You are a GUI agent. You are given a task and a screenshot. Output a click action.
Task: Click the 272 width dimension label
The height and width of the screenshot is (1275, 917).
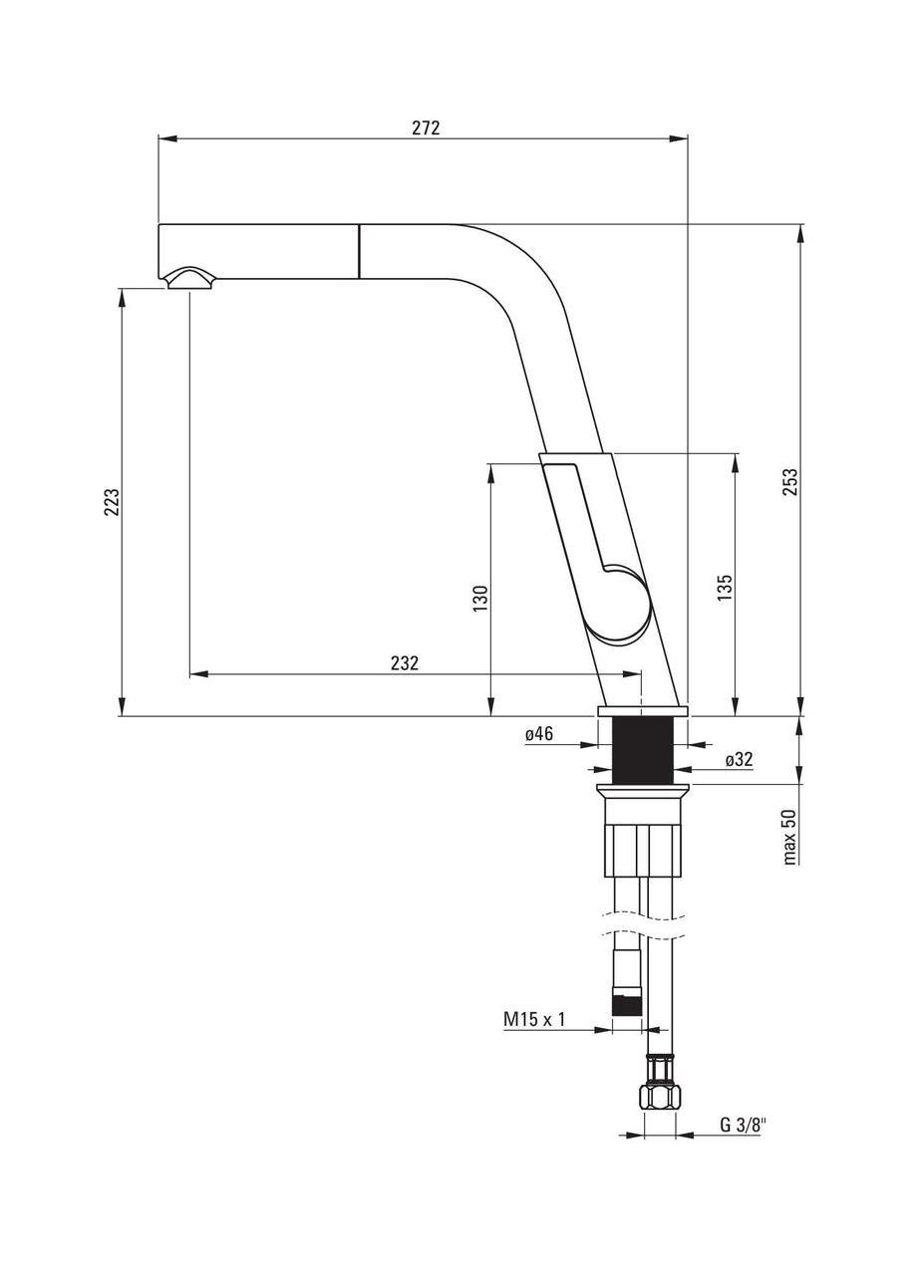[x=426, y=127]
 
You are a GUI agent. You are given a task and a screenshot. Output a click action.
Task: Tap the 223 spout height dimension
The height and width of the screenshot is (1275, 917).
[x=113, y=501]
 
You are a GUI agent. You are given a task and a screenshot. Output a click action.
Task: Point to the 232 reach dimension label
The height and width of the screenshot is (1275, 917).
[x=404, y=662]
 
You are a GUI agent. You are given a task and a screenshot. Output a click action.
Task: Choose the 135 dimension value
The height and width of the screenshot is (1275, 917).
[x=725, y=586]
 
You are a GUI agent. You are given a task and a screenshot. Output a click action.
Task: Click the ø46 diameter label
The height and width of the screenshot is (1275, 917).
[x=539, y=734]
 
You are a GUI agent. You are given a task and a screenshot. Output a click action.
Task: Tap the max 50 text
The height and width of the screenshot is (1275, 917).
[x=789, y=835]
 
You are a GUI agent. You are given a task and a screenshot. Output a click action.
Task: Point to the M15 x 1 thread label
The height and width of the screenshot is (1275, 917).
[x=534, y=1019]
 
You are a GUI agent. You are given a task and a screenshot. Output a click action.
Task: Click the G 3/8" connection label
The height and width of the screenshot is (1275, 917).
[x=743, y=1126]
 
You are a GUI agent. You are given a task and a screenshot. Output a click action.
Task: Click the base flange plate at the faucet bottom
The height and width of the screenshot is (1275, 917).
[x=643, y=711]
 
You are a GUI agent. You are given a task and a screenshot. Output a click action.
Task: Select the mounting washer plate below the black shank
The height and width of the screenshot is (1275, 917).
[x=643, y=792]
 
